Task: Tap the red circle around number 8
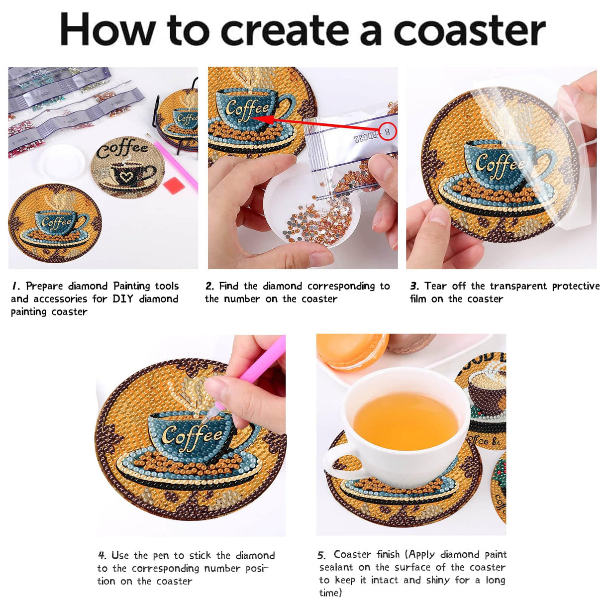click(388, 132)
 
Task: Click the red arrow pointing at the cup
click(318, 124)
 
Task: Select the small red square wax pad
click(174, 188)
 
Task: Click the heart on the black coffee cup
click(126, 176)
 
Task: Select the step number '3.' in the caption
click(414, 286)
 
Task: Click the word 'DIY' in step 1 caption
click(122, 299)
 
